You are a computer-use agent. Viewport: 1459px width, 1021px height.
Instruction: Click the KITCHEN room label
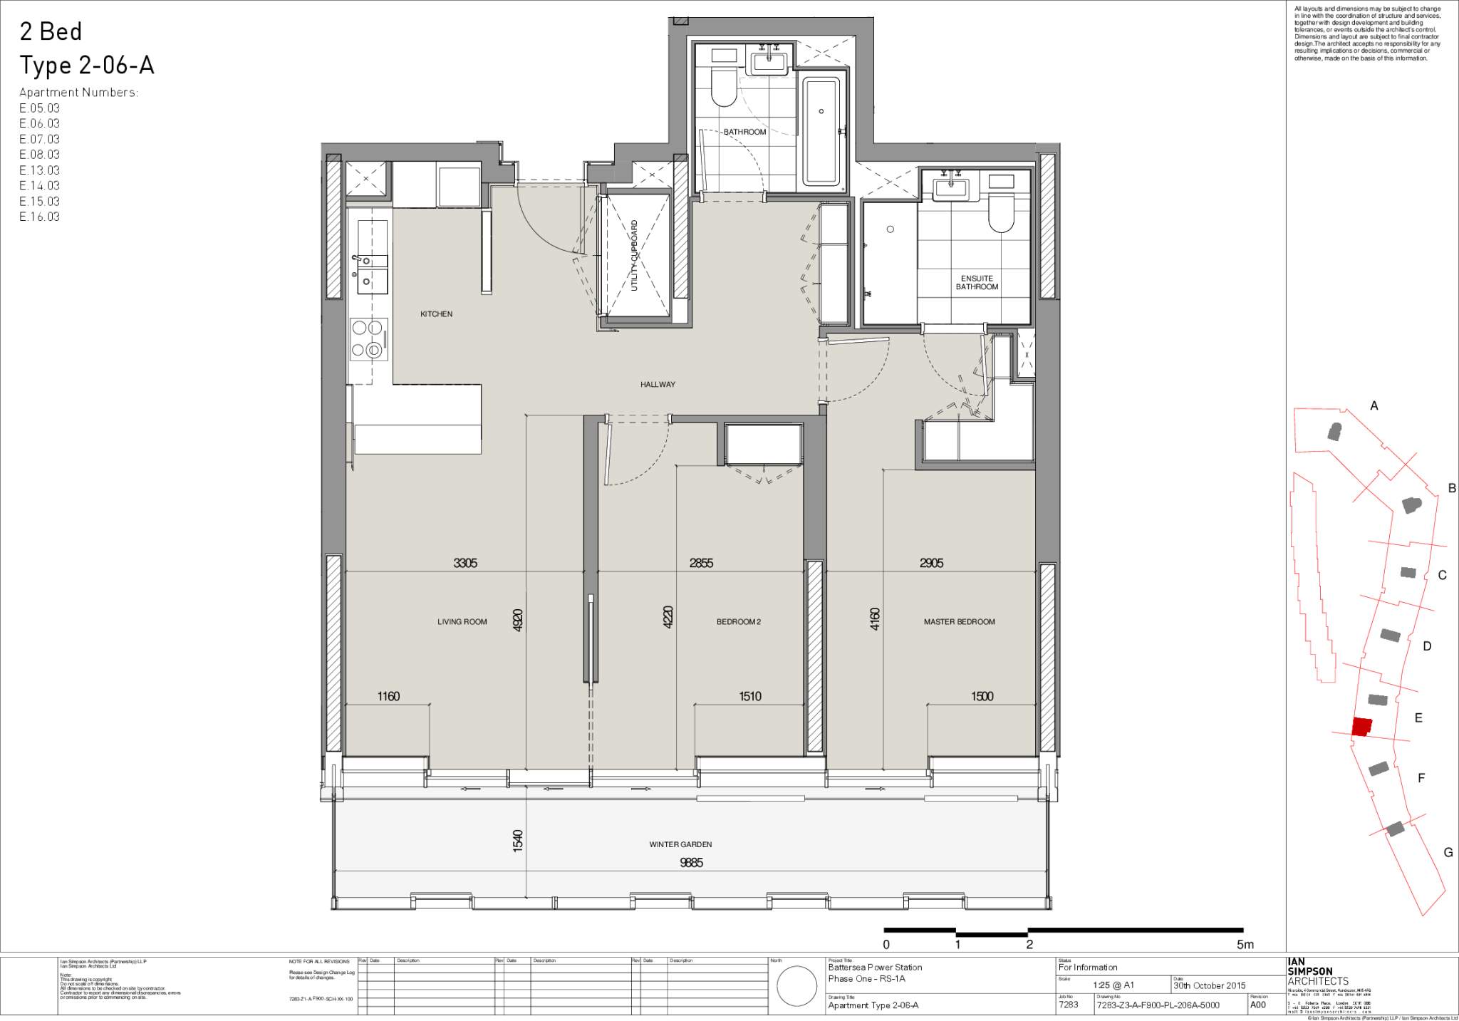(x=436, y=314)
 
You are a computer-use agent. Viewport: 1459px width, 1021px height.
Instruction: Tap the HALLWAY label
(x=657, y=385)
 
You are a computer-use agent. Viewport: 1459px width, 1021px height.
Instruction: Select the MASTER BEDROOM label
(x=959, y=622)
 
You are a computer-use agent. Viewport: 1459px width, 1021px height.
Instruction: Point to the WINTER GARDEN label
(x=680, y=844)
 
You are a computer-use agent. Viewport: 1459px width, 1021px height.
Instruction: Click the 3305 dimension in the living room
(x=465, y=563)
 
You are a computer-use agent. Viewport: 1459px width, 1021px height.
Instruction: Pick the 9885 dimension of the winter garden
(x=691, y=863)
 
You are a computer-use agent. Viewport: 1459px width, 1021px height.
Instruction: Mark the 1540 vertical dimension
(x=518, y=840)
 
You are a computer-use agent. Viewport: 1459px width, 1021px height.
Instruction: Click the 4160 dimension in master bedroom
(x=875, y=618)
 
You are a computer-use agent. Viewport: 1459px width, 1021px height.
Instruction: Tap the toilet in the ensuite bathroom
(x=1001, y=214)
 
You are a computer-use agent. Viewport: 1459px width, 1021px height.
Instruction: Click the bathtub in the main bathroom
(x=821, y=132)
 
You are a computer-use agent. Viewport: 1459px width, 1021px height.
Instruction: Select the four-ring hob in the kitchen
(x=368, y=338)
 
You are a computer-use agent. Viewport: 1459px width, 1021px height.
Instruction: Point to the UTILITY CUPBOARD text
(x=634, y=255)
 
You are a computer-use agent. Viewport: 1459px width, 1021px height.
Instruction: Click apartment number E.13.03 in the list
(x=40, y=170)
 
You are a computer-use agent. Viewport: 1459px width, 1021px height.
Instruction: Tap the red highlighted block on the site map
(x=1361, y=727)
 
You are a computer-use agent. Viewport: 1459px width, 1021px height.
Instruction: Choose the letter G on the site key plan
(x=1448, y=853)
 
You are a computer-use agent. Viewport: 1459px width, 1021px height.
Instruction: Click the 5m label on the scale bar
(x=1245, y=945)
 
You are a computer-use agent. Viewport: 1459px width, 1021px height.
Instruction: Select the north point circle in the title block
(x=796, y=987)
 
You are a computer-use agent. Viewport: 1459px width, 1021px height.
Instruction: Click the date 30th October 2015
(x=1210, y=985)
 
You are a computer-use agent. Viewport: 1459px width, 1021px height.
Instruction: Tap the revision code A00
(x=1258, y=1005)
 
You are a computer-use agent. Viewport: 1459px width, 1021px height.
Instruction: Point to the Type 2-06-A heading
(x=87, y=66)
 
